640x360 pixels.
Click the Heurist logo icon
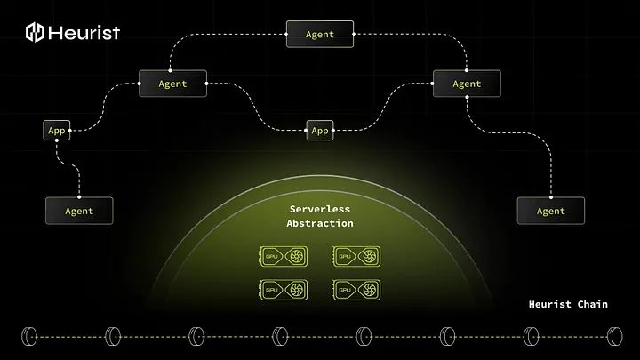(36, 34)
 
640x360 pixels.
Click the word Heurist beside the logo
(84, 34)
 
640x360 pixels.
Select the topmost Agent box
(320, 34)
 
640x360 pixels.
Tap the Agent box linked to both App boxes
(172, 84)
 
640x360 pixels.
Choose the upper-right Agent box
(467, 84)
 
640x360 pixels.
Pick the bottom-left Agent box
(79, 211)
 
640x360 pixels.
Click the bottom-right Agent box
(551, 211)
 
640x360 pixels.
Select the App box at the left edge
(57, 131)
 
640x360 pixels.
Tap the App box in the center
(320, 131)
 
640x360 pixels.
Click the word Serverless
(320, 210)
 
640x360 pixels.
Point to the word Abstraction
(320, 224)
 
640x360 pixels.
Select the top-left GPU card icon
(284, 257)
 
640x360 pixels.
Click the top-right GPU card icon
(357, 257)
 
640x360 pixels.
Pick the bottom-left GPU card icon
(284, 290)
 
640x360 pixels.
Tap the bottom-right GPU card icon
(357, 290)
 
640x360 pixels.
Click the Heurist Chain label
(566, 304)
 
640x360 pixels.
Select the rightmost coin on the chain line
(613, 336)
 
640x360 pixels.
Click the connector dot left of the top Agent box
(286, 34)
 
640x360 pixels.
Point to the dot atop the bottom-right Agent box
(551, 197)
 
